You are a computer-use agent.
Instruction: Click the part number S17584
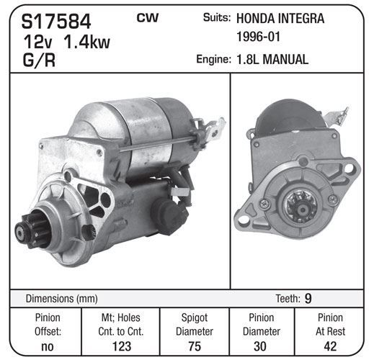click(x=56, y=22)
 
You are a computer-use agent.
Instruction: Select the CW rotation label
click(x=148, y=18)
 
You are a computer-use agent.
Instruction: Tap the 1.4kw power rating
click(x=86, y=42)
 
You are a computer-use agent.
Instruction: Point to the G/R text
click(x=39, y=60)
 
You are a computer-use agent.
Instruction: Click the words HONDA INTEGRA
click(x=280, y=19)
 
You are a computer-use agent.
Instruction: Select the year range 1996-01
click(x=259, y=37)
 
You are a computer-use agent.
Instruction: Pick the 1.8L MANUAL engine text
click(x=272, y=59)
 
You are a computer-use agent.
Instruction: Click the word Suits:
click(x=217, y=17)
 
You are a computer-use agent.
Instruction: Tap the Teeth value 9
click(x=308, y=298)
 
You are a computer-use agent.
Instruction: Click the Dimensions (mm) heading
click(x=62, y=299)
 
